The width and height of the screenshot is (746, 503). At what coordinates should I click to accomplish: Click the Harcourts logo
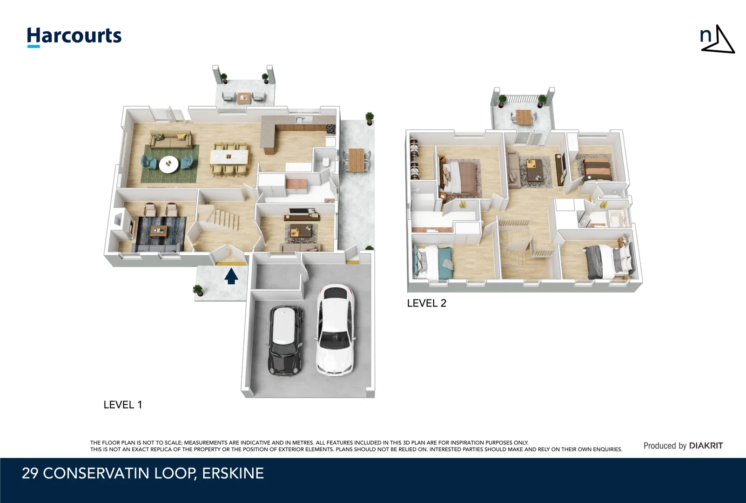coord(74,36)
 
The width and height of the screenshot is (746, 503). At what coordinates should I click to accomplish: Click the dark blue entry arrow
coord(231,276)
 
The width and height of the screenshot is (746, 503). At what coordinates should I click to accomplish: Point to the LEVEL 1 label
coord(122,405)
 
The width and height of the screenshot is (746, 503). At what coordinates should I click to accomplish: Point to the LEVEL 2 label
coord(426,303)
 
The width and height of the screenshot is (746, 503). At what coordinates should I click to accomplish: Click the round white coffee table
coord(168,164)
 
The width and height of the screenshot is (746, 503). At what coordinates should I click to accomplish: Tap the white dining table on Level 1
coord(229,155)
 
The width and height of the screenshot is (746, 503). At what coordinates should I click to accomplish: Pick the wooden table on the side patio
coord(356,159)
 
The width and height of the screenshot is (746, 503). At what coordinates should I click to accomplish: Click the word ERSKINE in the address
coord(233,473)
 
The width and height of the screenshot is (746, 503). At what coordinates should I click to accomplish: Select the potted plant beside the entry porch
coord(198,291)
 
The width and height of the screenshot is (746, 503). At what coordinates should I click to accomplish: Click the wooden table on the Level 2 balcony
coord(524,116)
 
